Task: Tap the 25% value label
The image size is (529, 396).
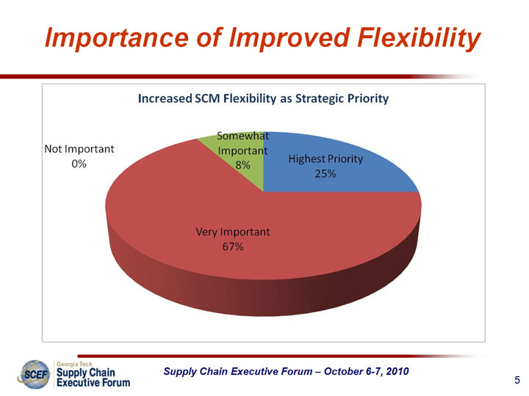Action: click(325, 174)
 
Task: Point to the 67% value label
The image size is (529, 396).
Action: click(233, 247)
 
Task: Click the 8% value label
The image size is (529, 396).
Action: click(242, 165)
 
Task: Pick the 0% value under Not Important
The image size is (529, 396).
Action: click(79, 164)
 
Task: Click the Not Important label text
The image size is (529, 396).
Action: click(79, 149)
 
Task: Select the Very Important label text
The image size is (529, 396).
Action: click(233, 232)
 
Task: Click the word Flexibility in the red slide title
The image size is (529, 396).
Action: click(419, 37)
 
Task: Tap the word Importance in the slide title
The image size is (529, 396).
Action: click(116, 37)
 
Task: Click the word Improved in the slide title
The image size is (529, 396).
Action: click(289, 37)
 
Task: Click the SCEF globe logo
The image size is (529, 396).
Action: click(35, 374)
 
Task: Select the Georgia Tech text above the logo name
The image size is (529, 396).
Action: click(74, 364)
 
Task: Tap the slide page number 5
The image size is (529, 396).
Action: click(517, 380)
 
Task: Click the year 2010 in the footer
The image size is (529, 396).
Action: click(397, 371)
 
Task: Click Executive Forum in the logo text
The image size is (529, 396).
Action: click(93, 383)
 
